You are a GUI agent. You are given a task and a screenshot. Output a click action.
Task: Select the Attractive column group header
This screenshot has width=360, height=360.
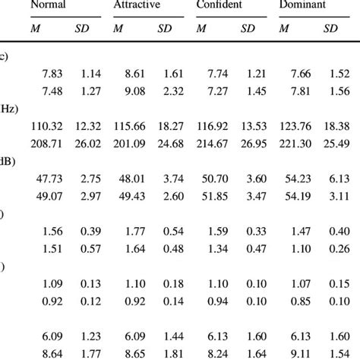134,5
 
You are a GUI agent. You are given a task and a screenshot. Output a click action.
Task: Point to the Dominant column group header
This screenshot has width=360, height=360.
304,5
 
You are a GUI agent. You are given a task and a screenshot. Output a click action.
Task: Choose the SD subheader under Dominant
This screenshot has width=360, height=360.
330,29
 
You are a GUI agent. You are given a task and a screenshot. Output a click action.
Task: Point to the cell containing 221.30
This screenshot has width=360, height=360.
295,142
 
